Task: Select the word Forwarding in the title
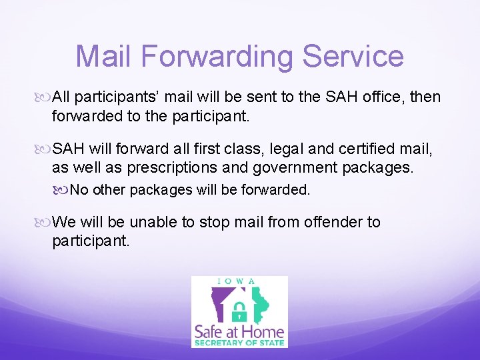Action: tap(217, 56)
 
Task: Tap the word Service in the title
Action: tap(353, 56)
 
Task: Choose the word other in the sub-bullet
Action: tap(109, 190)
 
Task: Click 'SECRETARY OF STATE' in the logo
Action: tap(239, 343)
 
